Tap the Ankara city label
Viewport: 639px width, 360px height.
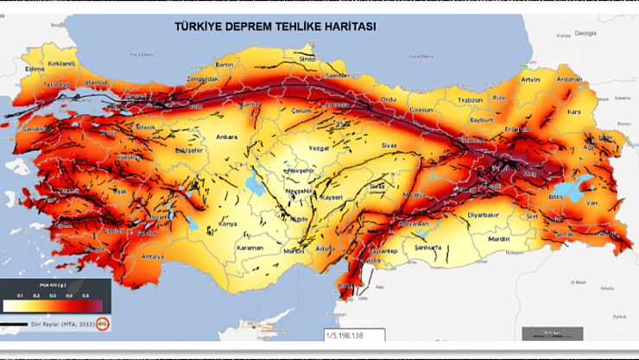(x=226, y=136)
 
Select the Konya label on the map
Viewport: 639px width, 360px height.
(x=227, y=224)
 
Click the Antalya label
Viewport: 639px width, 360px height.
(x=154, y=256)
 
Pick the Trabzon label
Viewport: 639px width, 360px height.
(x=471, y=100)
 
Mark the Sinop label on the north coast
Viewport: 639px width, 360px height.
(x=307, y=59)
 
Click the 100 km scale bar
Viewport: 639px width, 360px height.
(x=553, y=332)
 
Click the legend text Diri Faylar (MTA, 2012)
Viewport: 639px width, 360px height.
(x=61, y=325)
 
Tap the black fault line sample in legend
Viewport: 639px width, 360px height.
(x=15, y=325)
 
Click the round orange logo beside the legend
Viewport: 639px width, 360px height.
(x=102, y=325)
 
